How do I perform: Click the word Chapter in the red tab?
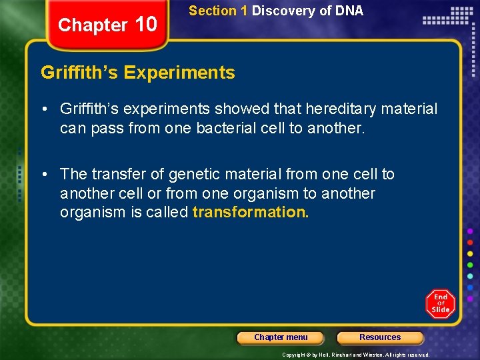[92, 25]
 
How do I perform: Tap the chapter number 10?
[145, 24]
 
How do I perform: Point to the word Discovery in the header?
[280, 11]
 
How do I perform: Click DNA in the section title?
[349, 11]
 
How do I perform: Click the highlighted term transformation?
[250, 213]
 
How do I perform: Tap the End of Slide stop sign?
[441, 303]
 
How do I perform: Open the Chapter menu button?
[281, 337]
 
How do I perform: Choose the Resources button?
[380, 337]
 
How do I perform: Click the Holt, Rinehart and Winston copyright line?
[355, 355]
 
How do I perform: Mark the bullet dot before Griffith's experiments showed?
[44, 109]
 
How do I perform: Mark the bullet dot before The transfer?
[44, 175]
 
